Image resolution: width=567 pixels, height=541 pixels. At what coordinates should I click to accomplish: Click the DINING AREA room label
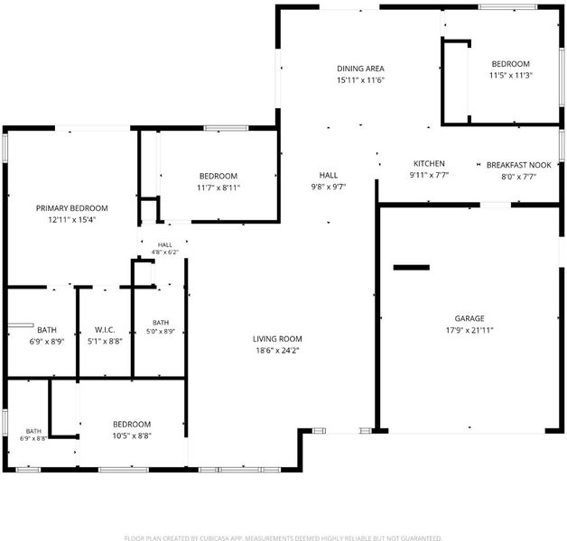point(360,69)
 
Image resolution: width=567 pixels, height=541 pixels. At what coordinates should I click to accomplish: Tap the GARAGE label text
point(469,318)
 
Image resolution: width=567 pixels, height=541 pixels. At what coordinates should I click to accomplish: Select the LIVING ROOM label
point(277,339)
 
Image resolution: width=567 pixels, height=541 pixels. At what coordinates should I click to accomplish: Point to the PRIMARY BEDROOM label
point(71,208)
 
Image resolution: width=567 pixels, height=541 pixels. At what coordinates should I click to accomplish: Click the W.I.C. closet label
point(105,330)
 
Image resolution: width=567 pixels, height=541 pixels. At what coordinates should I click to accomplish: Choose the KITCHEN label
point(429,163)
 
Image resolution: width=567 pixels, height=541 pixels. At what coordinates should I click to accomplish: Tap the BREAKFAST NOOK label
point(519,165)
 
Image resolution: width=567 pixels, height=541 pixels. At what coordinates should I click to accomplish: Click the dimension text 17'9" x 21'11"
point(469,330)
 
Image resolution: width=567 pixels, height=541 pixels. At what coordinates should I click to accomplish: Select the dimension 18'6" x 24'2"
point(277,351)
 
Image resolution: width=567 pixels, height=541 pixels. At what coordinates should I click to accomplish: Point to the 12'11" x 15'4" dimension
point(71,220)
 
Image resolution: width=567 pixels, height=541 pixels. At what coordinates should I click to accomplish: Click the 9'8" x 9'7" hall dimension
point(329,187)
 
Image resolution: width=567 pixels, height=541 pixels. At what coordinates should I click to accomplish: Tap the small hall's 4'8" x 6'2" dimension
point(165,252)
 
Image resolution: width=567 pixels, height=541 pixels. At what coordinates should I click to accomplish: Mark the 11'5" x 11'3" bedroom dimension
point(511,76)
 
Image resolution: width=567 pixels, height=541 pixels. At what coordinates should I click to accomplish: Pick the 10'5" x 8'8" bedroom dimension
point(132,436)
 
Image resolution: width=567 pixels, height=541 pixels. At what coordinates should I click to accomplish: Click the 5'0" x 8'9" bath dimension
point(161,331)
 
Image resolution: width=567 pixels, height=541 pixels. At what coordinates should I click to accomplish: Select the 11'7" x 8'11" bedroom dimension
point(218,188)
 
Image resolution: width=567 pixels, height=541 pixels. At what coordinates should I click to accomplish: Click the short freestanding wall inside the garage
point(412,268)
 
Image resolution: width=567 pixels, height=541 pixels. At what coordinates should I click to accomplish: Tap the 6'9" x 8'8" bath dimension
point(33,438)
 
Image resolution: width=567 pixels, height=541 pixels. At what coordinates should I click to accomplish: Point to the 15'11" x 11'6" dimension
point(360,80)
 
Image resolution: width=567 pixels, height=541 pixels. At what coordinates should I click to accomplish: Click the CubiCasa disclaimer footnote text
point(283,538)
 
